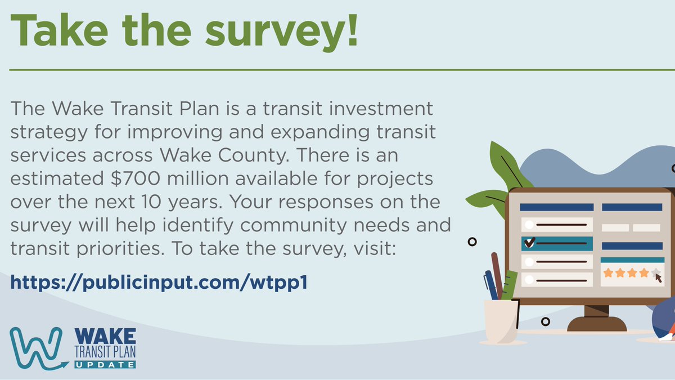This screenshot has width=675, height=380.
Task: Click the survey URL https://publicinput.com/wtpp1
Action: point(159,282)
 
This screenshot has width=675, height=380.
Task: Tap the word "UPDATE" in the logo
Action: point(105,364)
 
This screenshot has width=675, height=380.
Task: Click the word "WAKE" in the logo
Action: point(105,336)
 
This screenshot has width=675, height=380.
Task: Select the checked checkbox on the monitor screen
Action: point(529,243)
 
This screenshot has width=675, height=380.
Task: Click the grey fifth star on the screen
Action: point(656,272)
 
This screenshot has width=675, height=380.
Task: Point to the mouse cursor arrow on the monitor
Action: point(659,278)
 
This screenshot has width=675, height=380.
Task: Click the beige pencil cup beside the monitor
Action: point(501,321)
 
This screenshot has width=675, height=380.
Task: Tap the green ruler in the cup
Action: point(510,285)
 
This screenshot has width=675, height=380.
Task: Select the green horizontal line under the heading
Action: point(337,70)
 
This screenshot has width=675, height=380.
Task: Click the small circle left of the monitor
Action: point(472,242)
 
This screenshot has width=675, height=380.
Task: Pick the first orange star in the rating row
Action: point(608,273)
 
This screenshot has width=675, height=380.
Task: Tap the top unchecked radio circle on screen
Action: point(529,224)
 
